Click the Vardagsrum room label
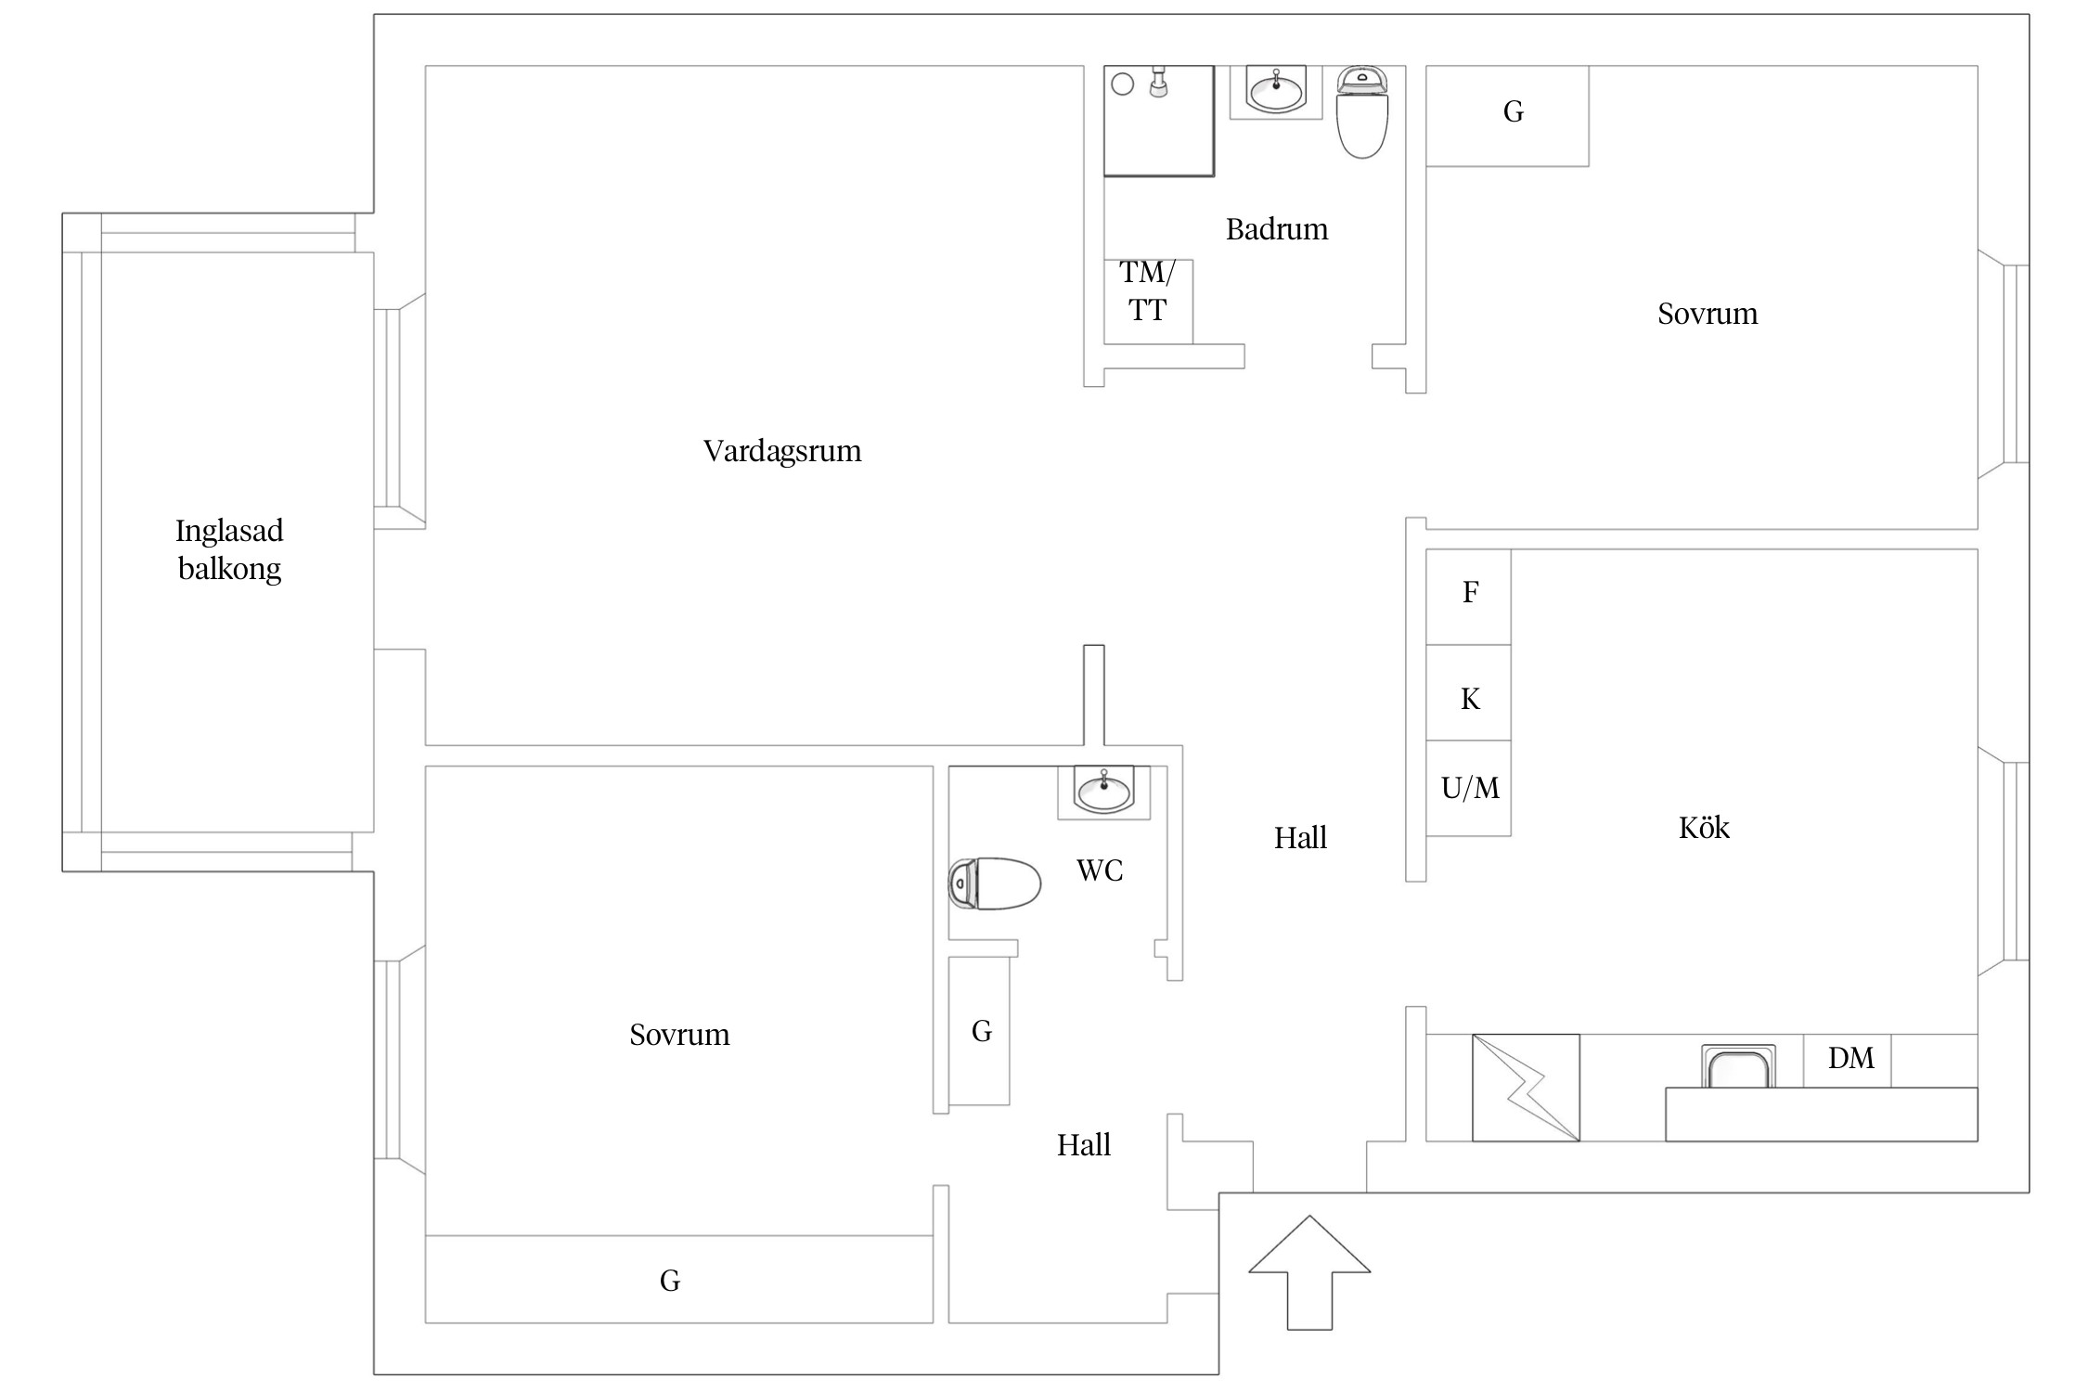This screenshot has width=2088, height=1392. click(x=782, y=451)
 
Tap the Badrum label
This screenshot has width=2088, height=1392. click(x=1277, y=229)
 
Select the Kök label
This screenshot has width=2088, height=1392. click(x=1704, y=827)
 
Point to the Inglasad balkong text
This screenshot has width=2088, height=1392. click(x=229, y=549)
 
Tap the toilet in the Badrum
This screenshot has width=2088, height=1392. click(x=1361, y=111)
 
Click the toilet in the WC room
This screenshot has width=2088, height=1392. click(x=994, y=883)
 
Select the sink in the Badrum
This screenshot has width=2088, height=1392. click(x=1276, y=91)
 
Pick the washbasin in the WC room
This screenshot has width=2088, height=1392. click(x=1103, y=792)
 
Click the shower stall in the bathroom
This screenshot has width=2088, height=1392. click(x=1159, y=121)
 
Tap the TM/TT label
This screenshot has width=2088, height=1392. click(x=1147, y=290)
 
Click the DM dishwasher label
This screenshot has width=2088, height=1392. click(x=1850, y=1058)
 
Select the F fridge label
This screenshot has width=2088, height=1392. click(x=1470, y=592)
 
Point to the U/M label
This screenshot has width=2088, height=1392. click(x=1470, y=788)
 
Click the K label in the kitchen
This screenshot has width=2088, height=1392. click(x=1470, y=699)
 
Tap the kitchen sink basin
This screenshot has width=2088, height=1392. click(x=1738, y=1066)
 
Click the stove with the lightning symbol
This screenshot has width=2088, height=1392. click(x=1526, y=1088)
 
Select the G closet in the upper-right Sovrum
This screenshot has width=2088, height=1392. click(x=1507, y=116)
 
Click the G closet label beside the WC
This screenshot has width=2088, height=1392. click(x=982, y=1031)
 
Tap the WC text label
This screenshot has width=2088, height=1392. click(x=1100, y=870)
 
